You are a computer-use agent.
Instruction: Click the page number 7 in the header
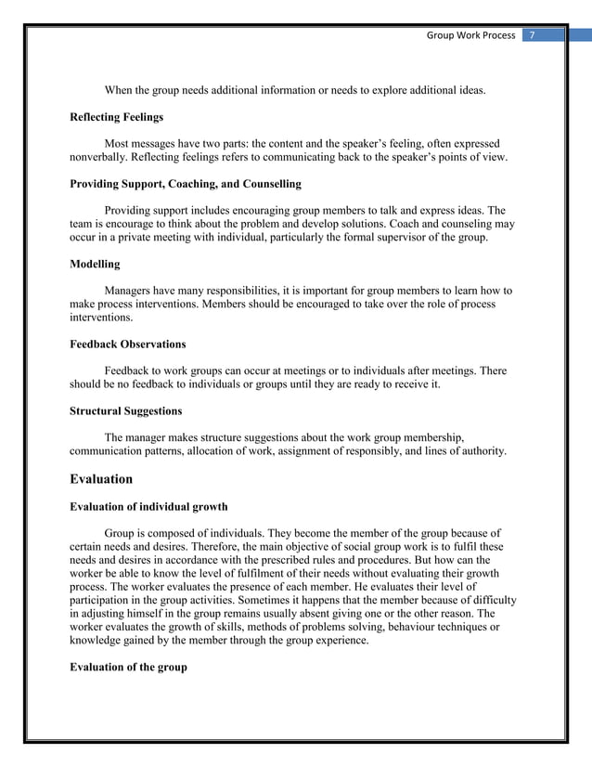533,35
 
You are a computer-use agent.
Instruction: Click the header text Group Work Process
470,35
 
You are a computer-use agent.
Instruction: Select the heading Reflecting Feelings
117,117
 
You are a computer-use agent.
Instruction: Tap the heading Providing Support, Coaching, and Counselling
186,184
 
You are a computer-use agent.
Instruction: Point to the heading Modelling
95,265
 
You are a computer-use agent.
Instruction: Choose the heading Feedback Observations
128,344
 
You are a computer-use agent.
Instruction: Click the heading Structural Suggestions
126,410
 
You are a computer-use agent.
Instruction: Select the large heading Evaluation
101,479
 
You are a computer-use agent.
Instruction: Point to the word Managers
132,291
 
